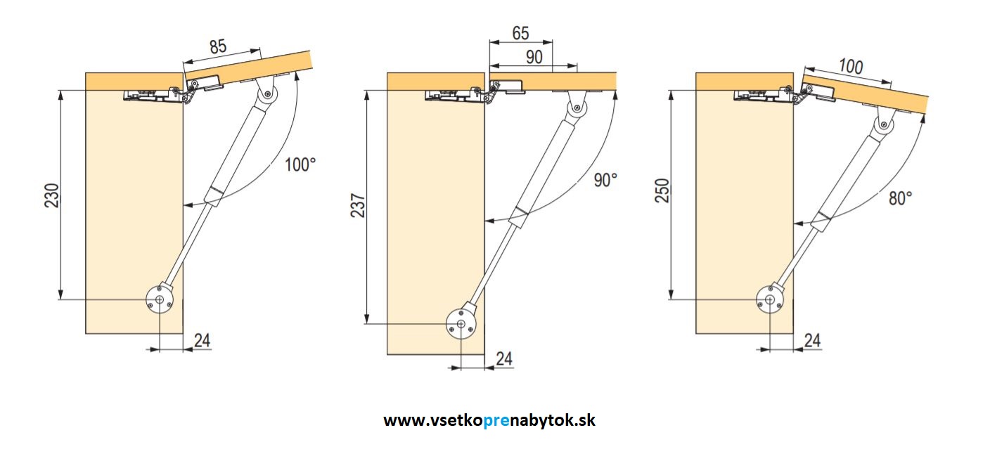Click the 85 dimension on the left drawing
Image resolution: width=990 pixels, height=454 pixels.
[218, 48]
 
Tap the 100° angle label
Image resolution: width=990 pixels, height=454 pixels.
[300, 165]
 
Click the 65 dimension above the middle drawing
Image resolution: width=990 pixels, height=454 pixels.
[521, 33]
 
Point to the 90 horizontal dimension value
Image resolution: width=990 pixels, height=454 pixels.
[534, 58]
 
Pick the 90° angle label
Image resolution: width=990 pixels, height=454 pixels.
[605, 180]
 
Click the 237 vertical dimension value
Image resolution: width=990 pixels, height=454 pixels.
[359, 205]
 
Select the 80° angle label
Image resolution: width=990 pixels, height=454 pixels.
[900, 198]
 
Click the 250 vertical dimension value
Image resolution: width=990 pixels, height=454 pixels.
[662, 191]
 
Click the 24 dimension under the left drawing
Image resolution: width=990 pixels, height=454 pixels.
[201, 341]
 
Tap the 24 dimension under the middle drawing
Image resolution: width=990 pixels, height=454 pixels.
[503, 358]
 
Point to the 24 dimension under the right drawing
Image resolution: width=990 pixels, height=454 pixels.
[812, 341]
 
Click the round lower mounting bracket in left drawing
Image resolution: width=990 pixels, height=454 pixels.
[160, 300]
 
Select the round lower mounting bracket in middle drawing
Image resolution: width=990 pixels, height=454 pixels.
[460, 324]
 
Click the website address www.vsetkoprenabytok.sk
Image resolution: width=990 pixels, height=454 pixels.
[489, 420]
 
